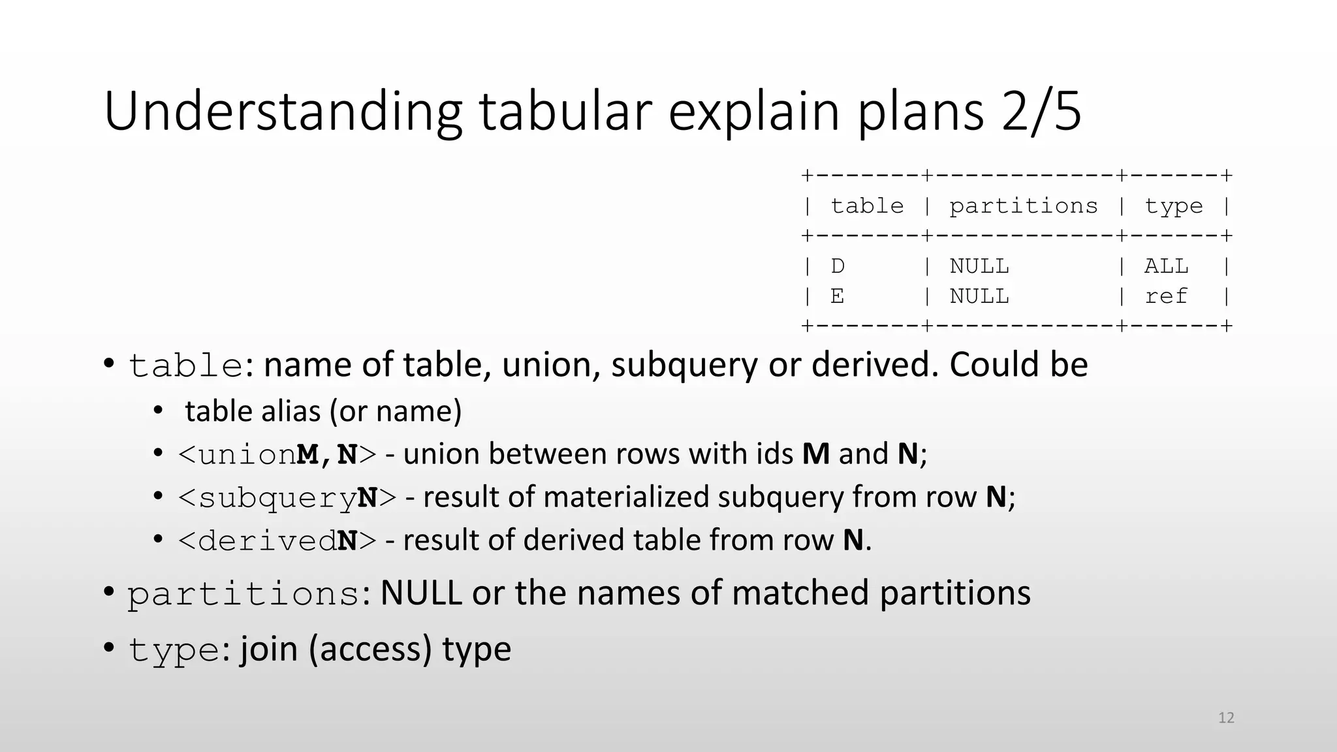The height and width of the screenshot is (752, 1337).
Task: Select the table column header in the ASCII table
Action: [867, 206]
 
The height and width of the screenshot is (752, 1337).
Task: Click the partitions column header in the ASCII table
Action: [1023, 206]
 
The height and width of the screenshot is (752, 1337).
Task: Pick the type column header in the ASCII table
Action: [1173, 206]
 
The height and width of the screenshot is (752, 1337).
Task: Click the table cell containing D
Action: [838, 266]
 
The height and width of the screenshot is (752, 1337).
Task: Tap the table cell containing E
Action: [838, 296]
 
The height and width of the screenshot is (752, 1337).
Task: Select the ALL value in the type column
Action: [1166, 266]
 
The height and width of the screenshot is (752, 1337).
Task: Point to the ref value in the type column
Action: [1166, 296]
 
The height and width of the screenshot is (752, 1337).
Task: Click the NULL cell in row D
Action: [979, 266]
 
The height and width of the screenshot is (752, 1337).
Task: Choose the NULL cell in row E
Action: [979, 296]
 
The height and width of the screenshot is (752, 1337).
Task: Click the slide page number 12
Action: [1226, 718]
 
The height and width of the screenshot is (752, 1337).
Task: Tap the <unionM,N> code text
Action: [277, 454]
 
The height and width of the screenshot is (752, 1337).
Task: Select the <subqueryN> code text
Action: [287, 497]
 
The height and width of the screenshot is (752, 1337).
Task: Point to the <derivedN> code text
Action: [277, 540]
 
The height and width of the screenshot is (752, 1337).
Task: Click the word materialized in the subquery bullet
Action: [626, 497]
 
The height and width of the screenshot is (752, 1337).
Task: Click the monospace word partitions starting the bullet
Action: [244, 594]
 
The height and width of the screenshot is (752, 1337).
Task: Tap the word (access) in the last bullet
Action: [370, 650]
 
